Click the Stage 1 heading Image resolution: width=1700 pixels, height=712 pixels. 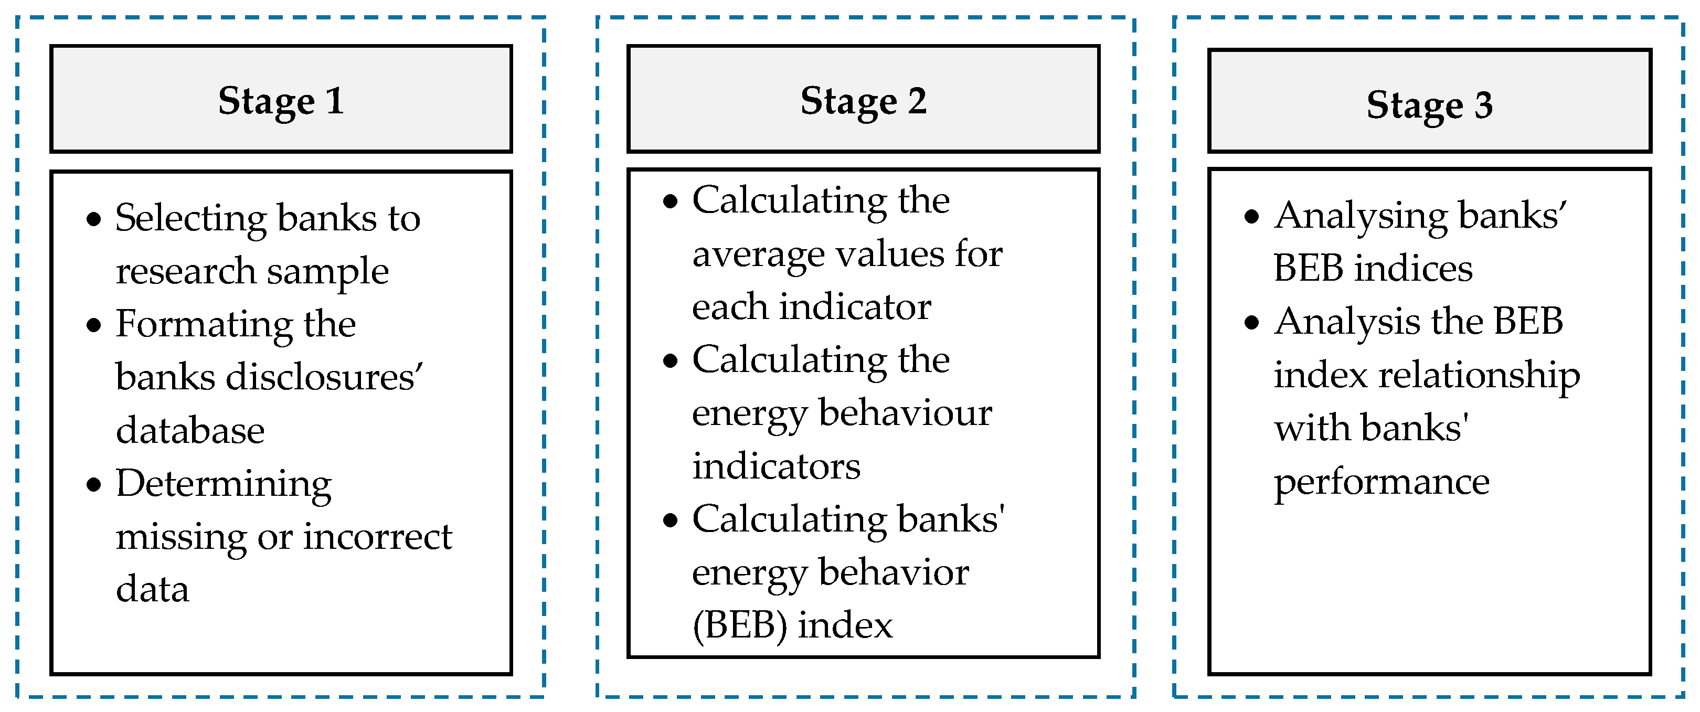[281, 101]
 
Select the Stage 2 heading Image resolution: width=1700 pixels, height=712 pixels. [863, 101]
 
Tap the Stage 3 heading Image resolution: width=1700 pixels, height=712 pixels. [1429, 104]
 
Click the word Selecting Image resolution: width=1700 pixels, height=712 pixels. [190, 218]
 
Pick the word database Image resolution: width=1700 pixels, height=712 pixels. [190, 430]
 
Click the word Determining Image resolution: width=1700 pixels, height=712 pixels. [223, 484]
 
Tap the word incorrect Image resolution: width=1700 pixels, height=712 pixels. [377, 536]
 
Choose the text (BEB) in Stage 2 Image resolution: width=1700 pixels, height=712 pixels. [739, 625]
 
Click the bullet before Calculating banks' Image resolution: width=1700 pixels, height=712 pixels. [671, 520]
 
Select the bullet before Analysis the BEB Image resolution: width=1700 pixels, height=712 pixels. [1252, 323]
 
